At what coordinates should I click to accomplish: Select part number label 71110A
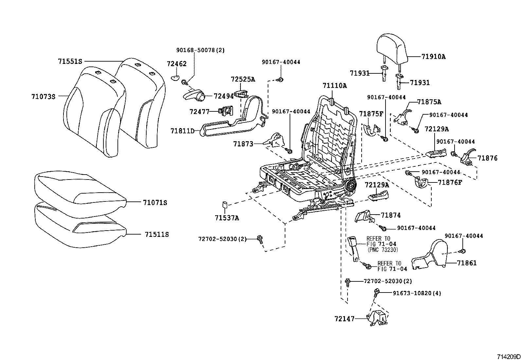(334, 85)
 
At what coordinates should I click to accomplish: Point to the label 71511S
(157, 235)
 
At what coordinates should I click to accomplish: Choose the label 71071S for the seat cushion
(155, 203)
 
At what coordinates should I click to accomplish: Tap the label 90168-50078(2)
(200, 50)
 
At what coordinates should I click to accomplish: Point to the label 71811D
(182, 131)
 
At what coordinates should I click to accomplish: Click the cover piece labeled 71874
(363, 216)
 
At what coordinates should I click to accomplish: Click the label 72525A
(243, 79)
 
